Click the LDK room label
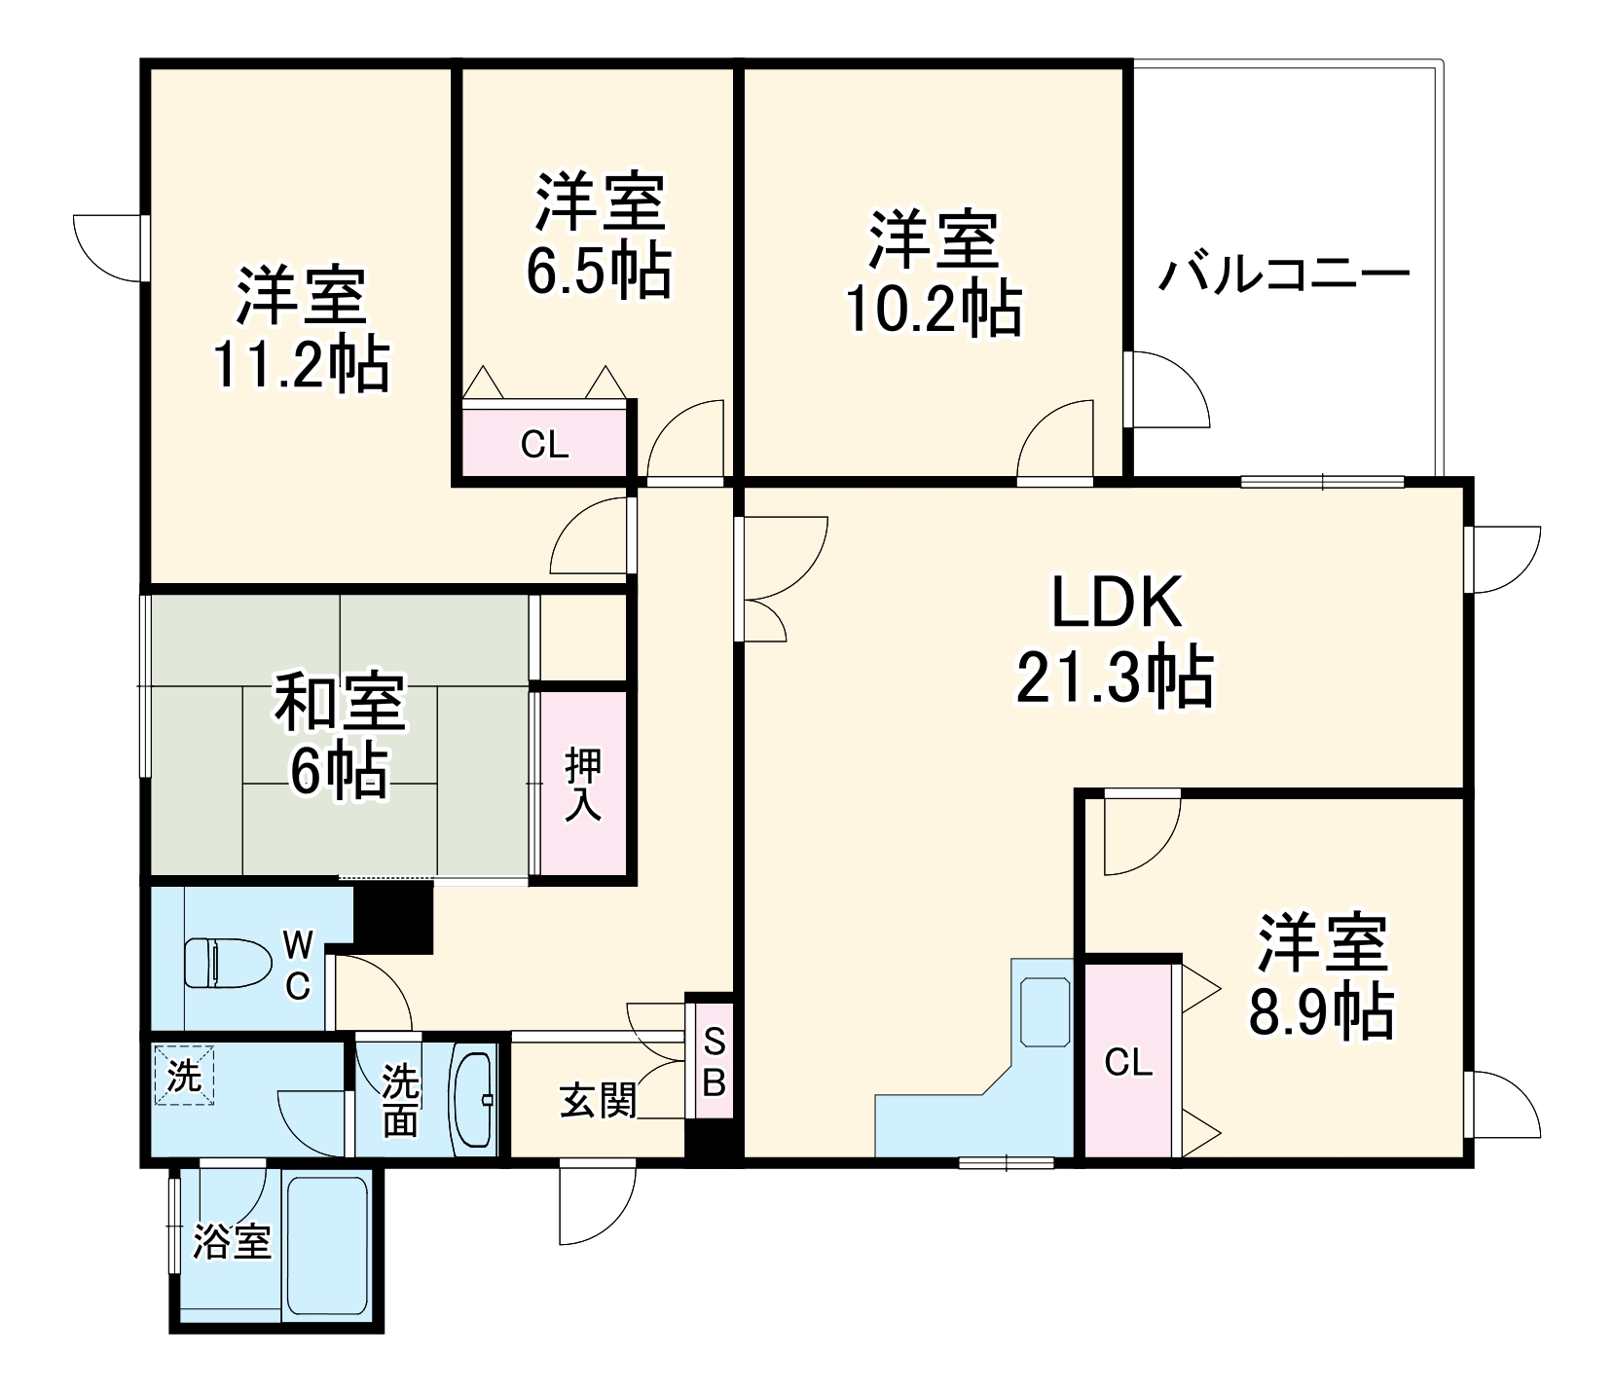[x=1116, y=604]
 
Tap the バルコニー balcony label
[x=1284, y=275]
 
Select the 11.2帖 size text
[x=301, y=365]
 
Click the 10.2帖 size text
[x=934, y=310]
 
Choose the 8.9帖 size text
[x=1321, y=1012]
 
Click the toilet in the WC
[x=230, y=963]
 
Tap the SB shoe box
[x=714, y=1062]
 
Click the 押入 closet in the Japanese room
[x=582, y=784]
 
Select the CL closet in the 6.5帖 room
[x=544, y=444]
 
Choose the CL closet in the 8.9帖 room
[x=1128, y=1062]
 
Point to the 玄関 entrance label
[x=598, y=1101]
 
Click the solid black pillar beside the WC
[x=393, y=916]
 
